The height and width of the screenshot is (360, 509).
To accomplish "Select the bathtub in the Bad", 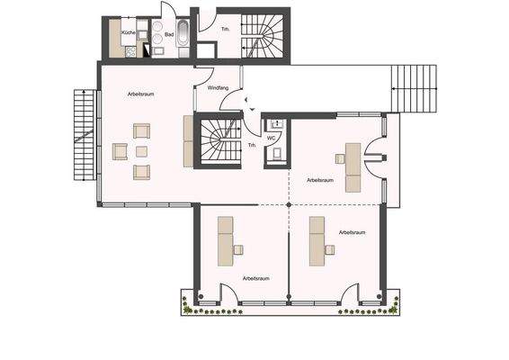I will [x=183, y=36].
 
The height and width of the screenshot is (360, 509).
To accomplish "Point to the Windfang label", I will [x=219, y=88].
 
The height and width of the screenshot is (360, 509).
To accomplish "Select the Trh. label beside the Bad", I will [x=227, y=29].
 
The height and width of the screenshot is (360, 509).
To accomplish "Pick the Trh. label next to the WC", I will [x=252, y=144].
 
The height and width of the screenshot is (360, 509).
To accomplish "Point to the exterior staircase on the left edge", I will [x=83, y=135].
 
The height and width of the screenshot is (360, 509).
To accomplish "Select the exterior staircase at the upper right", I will [x=415, y=88].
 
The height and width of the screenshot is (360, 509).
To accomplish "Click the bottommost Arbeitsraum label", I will [x=256, y=279].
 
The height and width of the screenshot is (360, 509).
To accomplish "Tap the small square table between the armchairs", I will [x=140, y=151].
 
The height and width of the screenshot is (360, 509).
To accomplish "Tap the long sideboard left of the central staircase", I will [x=188, y=140].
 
